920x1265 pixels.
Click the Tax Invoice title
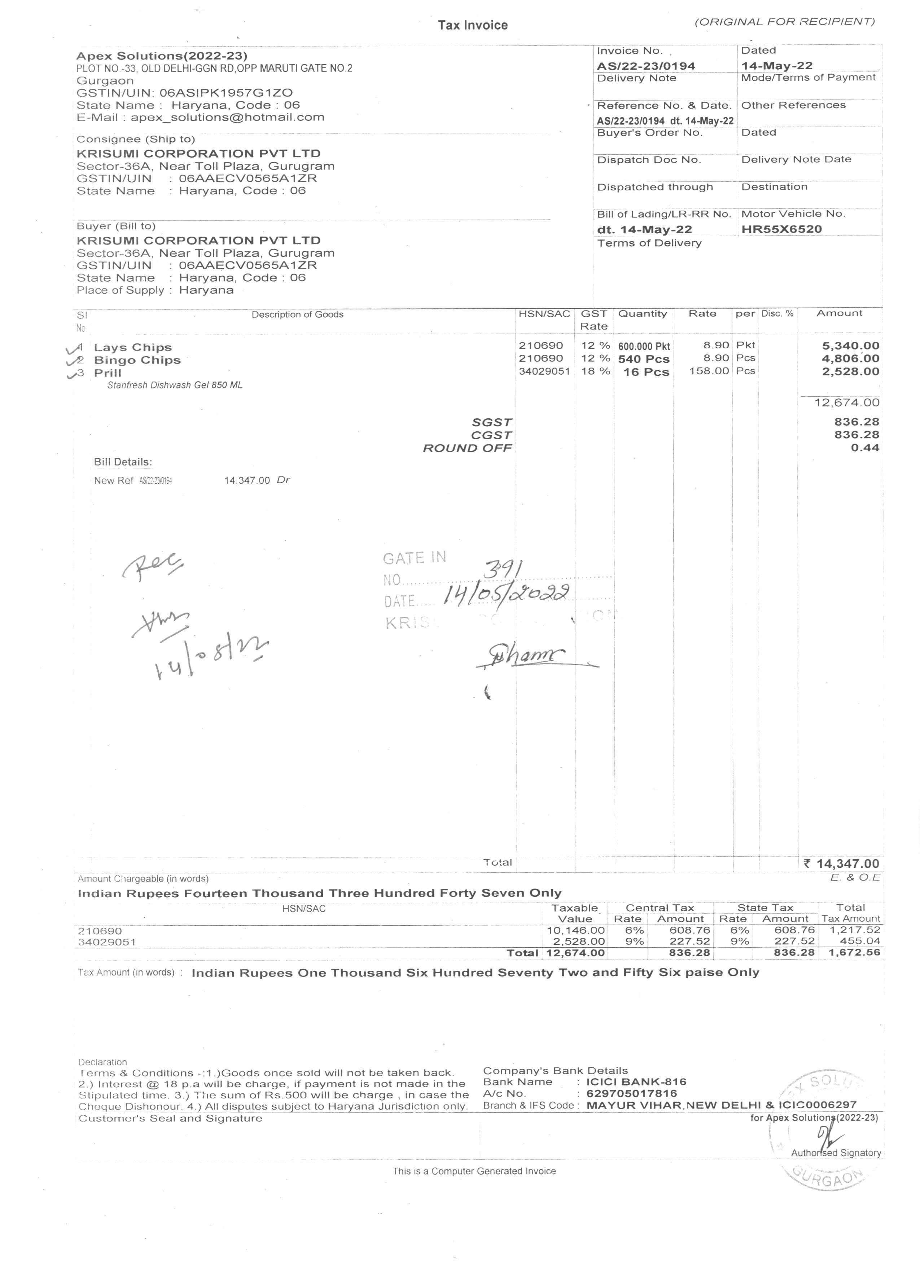tap(473, 25)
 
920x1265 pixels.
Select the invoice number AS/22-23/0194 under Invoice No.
tap(645, 66)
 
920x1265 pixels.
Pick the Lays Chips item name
tap(133, 348)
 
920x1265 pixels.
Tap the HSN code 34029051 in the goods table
tap(544, 371)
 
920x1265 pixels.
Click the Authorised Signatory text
tap(836, 1153)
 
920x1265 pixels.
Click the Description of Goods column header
tap(297, 314)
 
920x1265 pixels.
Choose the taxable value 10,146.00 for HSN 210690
tap(575, 930)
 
